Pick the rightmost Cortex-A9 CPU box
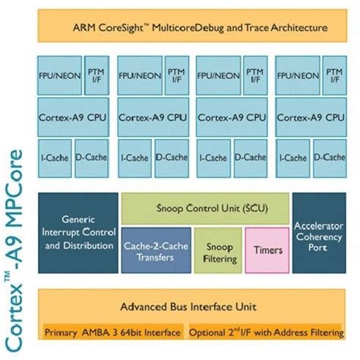pyautogui.click(x=311, y=118)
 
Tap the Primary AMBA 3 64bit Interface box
pyautogui.click(x=113, y=333)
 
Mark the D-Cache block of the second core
pyautogui.click(x=172, y=157)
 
